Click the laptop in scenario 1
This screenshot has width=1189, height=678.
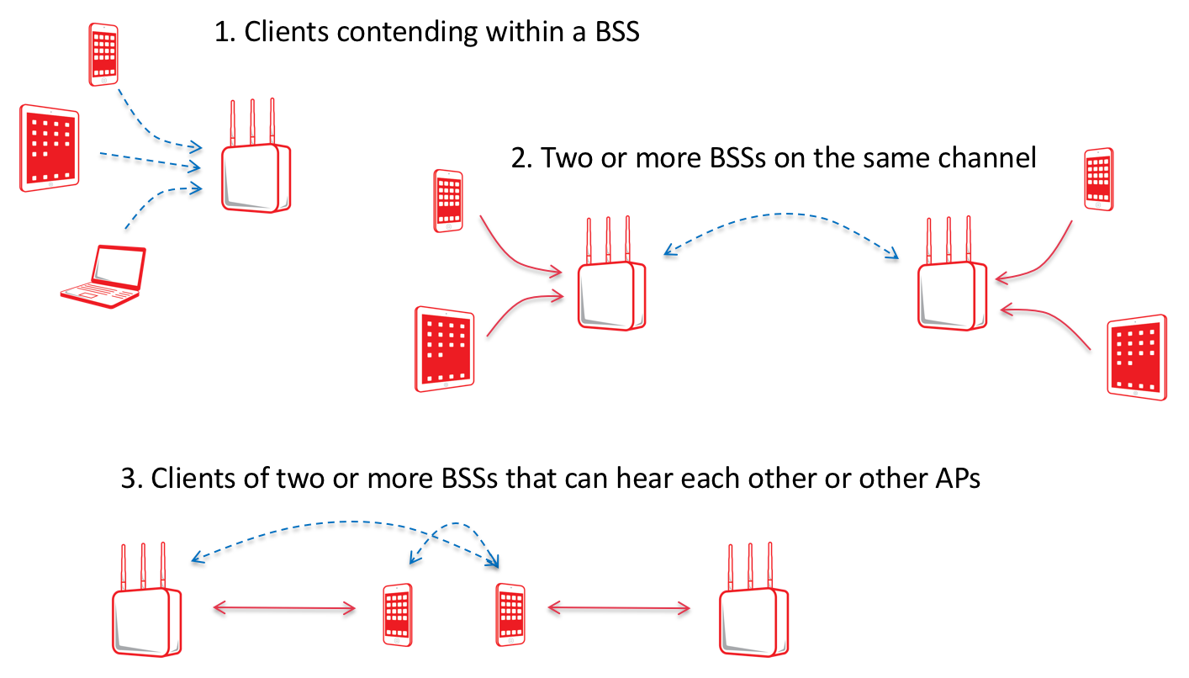tap(103, 276)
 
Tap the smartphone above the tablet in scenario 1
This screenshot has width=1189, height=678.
tap(103, 54)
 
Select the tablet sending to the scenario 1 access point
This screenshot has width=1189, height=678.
tap(50, 148)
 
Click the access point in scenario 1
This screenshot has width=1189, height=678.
tap(256, 156)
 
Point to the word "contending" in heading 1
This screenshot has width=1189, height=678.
tap(407, 33)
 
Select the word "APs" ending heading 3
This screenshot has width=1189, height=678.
tap(957, 478)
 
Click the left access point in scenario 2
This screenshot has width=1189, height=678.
tap(611, 273)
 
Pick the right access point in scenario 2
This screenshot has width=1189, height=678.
tap(952, 273)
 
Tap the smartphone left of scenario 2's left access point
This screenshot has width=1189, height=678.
tap(448, 201)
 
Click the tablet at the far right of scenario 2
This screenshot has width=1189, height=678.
tap(1137, 358)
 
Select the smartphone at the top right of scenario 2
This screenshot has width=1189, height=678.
tap(1099, 179)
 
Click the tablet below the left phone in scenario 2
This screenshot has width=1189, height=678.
tap(444, 349)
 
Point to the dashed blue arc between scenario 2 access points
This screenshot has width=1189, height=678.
tap(781, 215)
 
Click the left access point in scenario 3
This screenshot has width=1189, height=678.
tap(147, 600)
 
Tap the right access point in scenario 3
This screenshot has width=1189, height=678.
tap(753, 600)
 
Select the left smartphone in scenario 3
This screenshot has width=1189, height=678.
tap(398, 615)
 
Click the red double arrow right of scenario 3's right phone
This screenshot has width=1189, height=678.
tap(619, 608)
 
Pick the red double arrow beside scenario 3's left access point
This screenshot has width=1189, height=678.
tap(284, 608)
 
